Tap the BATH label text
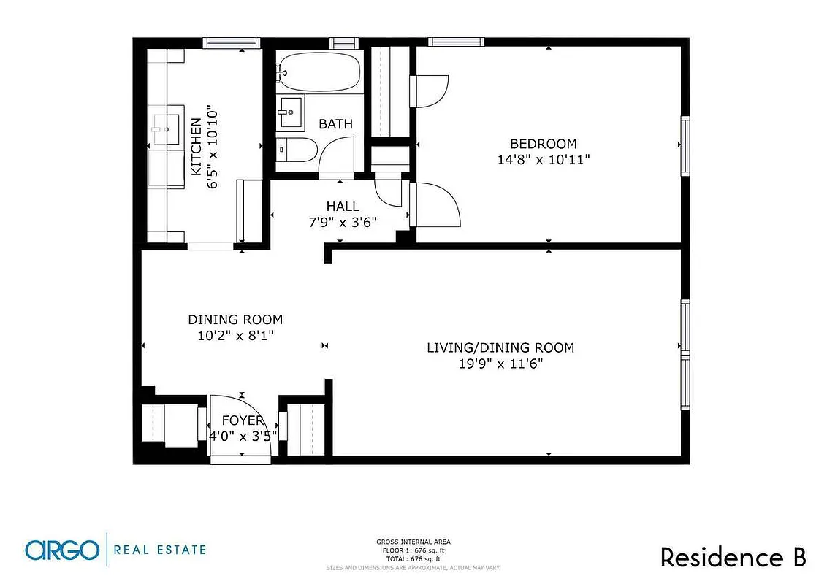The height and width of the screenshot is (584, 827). (335, 124)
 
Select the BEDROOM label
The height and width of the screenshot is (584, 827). (543, 144)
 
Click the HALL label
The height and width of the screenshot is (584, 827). (343, 207)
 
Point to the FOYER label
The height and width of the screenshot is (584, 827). (243, 420)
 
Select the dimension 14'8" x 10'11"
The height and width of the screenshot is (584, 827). (543, 160)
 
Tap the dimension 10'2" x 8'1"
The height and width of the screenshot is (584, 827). (235, 336)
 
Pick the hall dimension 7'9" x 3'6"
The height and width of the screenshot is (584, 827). (343, 223)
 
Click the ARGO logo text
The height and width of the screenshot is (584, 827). (61, 550)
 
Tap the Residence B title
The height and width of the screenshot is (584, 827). (733, 557)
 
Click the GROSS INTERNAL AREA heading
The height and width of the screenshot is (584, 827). (413, 542)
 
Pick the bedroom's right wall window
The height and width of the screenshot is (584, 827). (685, 145)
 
